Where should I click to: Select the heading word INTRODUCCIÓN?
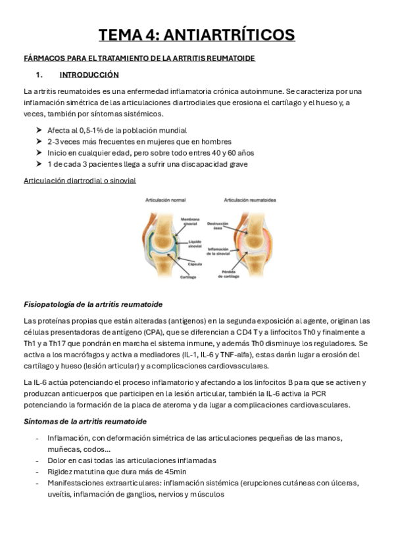click(89, 75)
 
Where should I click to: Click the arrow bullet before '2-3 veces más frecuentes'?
click(40, 141)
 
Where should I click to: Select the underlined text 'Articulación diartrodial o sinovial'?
click(80, 180)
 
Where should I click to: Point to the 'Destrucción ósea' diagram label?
click(218, 226)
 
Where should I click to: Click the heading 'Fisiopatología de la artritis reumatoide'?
click(93, 305)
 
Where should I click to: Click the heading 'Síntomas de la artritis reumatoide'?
click(85, 420)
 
